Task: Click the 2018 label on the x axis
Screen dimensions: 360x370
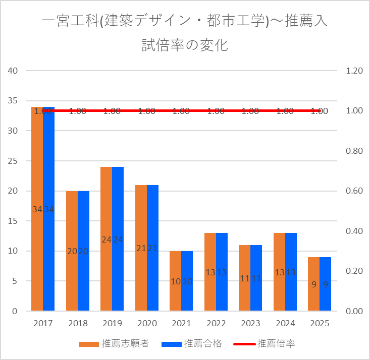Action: pyautogui.click(x=78, y=323)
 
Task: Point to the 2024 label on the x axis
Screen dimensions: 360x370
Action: pyautogui.click(x=285, y=323)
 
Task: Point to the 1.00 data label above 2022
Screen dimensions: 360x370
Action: pyautogui.click(x=216, y=111)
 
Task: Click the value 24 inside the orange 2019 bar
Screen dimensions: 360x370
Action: pyautogui.click(x=107, y=240)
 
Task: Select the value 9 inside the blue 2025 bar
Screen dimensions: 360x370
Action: pyautogui.click(x=326, y=284)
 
